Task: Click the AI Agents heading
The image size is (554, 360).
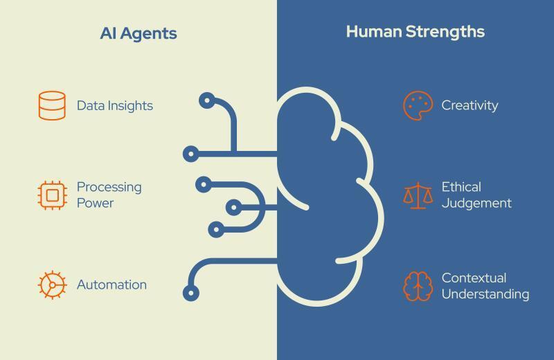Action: (138, 33)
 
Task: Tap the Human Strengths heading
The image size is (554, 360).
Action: (415, 32)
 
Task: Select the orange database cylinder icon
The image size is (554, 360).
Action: (52, 106)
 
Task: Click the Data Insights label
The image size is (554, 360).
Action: (115, 106)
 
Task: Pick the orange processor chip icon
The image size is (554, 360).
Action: (53, 195)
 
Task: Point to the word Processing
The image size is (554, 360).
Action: (109, 187)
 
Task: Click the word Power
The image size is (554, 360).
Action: (96, 203)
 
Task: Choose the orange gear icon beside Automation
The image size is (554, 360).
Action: (53, 285)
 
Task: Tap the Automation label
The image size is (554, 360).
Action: (111, 285)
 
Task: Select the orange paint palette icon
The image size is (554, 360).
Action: (418, 106)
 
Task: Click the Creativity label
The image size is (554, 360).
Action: (470, 105)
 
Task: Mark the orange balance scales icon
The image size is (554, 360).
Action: (418, 195)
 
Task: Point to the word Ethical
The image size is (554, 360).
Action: (461, 187)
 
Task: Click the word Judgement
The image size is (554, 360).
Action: (476, 203)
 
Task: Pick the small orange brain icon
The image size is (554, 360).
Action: (418, 286)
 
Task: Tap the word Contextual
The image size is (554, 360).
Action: (474, 278)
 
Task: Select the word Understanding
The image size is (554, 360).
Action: (485, 294)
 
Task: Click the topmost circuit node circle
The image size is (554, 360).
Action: (207, 100)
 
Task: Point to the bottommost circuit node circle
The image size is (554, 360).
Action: (191, 293)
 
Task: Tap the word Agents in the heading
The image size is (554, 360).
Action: (149, 34)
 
